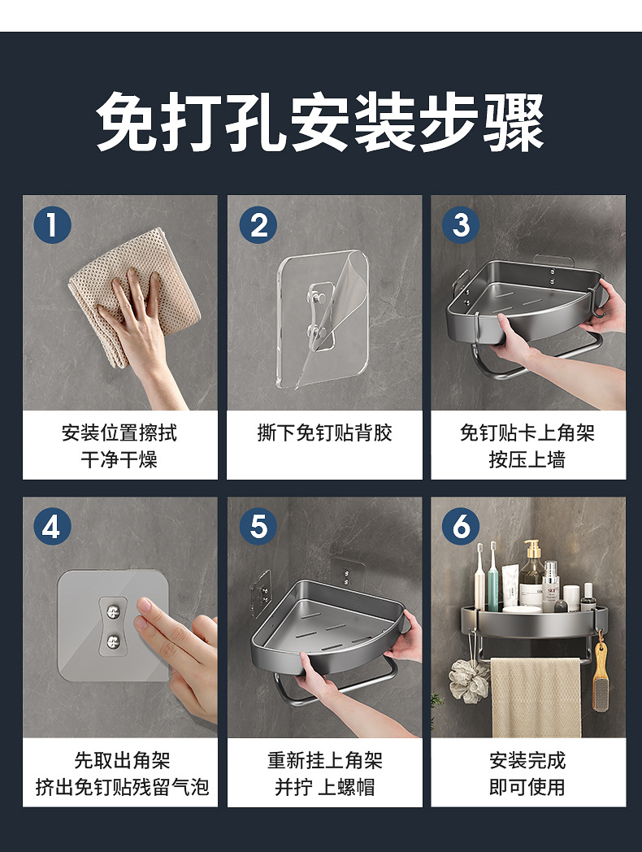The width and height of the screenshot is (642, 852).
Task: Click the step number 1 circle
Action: click(x=52, y=224)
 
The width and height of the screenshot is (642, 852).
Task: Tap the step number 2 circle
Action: click(x=258, y=224)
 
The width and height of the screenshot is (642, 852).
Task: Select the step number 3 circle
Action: click(x=461, y=224)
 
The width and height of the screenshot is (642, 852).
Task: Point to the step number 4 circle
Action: click(x=52, y=526)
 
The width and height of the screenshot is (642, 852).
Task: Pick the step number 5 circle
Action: click(x=258, y=526)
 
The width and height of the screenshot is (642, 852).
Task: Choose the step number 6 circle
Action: click(x=461, y=526)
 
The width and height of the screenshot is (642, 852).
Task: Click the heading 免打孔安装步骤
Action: click(x=320, y=121)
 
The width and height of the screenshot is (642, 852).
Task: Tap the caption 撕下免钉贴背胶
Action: click(x=324, y=433)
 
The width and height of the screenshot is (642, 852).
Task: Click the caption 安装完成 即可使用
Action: click(x=527, y=773)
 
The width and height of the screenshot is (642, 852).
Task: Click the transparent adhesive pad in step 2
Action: click(x=323, y=319)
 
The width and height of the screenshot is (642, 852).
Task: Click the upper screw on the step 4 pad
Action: click(x=113, y=612)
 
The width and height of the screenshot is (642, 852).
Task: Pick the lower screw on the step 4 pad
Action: click(x=113, y=640)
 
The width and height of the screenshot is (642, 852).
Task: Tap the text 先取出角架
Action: click(x=122, y=760)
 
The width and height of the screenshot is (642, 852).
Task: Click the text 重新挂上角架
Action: click(x=325, y=760)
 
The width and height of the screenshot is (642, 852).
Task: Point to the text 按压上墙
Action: click(x=527, y=459)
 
